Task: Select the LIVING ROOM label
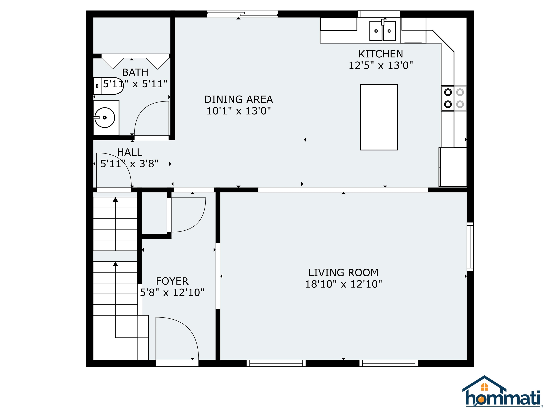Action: point(343,273)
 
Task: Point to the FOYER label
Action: point(172,281)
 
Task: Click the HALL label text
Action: point(130,152)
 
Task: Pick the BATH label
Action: point(135,72)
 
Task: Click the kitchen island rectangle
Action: point(379,117)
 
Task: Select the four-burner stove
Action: point(454,98)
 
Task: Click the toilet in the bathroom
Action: point(108,86)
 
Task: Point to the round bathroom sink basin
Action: point(105,117)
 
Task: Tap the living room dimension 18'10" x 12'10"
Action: point(343,284)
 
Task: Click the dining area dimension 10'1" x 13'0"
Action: point(238,111)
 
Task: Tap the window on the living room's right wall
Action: point(470,247)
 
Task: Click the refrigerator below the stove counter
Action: point(453,167)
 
